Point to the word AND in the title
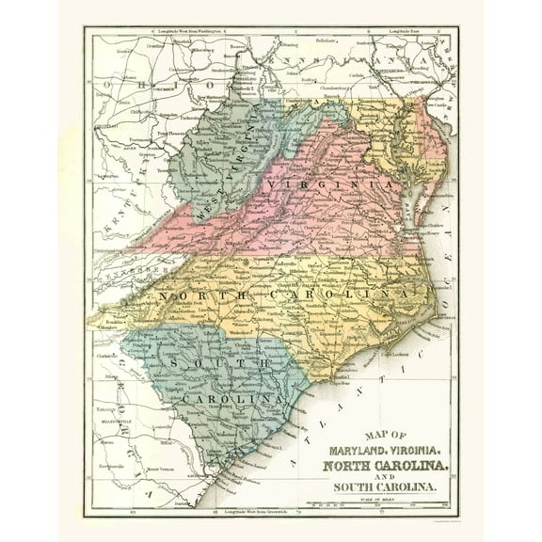click(x=381, y=477)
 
